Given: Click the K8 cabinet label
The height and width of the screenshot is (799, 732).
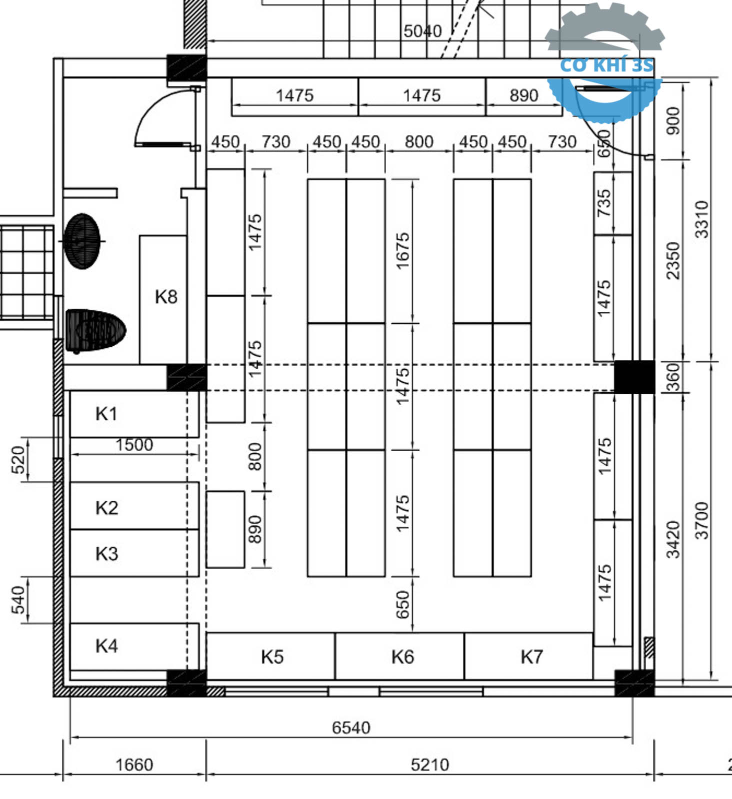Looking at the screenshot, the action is pos(166,297).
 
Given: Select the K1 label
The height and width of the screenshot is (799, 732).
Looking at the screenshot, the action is pos(106,414).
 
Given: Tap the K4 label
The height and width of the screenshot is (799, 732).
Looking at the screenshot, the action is pos(106,646).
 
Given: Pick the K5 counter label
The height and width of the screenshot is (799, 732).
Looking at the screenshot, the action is pos(272,657).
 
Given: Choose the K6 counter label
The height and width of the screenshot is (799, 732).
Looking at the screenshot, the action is pos(402,657).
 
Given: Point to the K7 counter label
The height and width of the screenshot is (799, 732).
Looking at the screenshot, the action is pos(531,657).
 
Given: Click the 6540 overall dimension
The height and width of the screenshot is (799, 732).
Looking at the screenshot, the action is pos(351,728).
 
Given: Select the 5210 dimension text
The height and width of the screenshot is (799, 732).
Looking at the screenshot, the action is pos(429,765).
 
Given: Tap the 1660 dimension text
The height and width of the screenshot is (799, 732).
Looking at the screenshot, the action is pos(134,765).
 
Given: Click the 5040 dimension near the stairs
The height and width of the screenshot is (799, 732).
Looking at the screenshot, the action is pos(422,31).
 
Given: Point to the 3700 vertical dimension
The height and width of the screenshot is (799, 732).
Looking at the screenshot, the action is pos(702,521).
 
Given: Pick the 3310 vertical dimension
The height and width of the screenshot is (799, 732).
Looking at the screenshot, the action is pos(702,219).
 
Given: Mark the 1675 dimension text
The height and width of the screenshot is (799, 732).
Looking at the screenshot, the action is pos(402,251).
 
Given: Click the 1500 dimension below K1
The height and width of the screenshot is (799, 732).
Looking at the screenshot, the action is pos(134,445).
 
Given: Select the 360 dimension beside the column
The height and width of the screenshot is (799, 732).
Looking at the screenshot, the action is pos(673,377).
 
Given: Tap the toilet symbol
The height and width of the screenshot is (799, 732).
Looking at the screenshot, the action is pos(95,330).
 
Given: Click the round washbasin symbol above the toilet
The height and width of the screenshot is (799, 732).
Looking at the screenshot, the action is pos(82,241).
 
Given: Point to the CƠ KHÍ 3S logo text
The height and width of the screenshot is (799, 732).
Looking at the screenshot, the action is pos(606,65).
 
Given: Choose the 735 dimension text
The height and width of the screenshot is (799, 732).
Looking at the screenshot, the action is pos(604,203).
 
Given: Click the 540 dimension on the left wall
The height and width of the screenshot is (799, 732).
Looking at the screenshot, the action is pos(18,600).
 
